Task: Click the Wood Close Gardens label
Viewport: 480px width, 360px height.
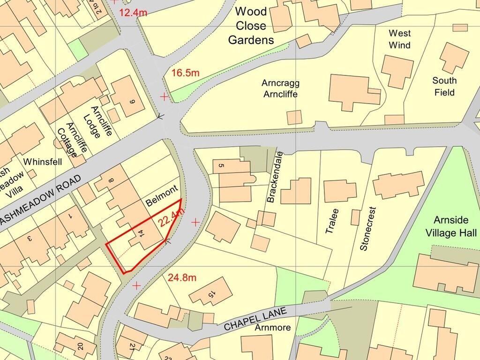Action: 251,26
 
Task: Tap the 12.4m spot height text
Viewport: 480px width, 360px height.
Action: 133,13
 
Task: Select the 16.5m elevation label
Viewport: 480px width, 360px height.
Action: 185,73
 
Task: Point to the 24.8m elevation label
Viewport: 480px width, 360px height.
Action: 182,277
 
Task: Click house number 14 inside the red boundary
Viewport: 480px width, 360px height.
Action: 140,234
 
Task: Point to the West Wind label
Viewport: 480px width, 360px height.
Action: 400,39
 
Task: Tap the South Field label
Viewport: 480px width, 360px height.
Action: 444,86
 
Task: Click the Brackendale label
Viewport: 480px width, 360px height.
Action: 276,177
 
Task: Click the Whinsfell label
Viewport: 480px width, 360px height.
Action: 43,161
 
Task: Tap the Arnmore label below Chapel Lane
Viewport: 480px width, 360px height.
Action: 273,328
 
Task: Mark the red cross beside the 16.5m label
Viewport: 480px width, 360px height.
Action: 164,97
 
